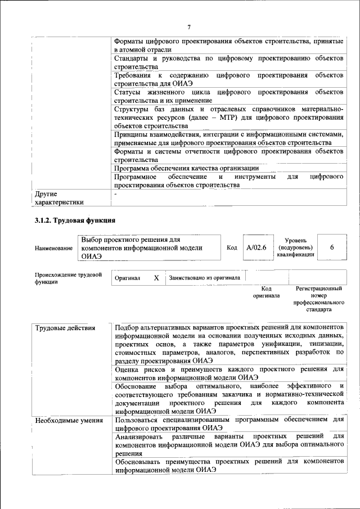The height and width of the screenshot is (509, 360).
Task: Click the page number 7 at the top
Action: tap(189, 28)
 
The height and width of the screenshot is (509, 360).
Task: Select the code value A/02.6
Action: tap(256, 247)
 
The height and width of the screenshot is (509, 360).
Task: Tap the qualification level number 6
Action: tap(332, 247)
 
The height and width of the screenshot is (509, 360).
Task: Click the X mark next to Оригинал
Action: tap(156, 278)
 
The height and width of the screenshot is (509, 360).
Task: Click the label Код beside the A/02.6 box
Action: tap(232, 247)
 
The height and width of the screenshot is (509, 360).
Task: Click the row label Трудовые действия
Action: tap(65, 328)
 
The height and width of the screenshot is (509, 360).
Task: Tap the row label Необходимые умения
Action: tap(69, 420)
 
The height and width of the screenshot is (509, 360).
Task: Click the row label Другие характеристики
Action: tap(59, 198)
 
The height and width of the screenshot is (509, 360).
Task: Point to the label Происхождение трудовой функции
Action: tap(68, 278)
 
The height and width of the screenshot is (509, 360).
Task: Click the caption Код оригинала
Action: tap(266, 291)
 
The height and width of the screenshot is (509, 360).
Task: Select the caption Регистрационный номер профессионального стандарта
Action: tap(318, 299)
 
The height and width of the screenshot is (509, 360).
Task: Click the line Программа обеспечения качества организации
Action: tap(186, 168)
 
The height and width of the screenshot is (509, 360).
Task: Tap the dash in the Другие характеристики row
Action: tap(115, 193)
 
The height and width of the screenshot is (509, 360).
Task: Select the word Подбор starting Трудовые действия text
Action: tap(128, 328)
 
